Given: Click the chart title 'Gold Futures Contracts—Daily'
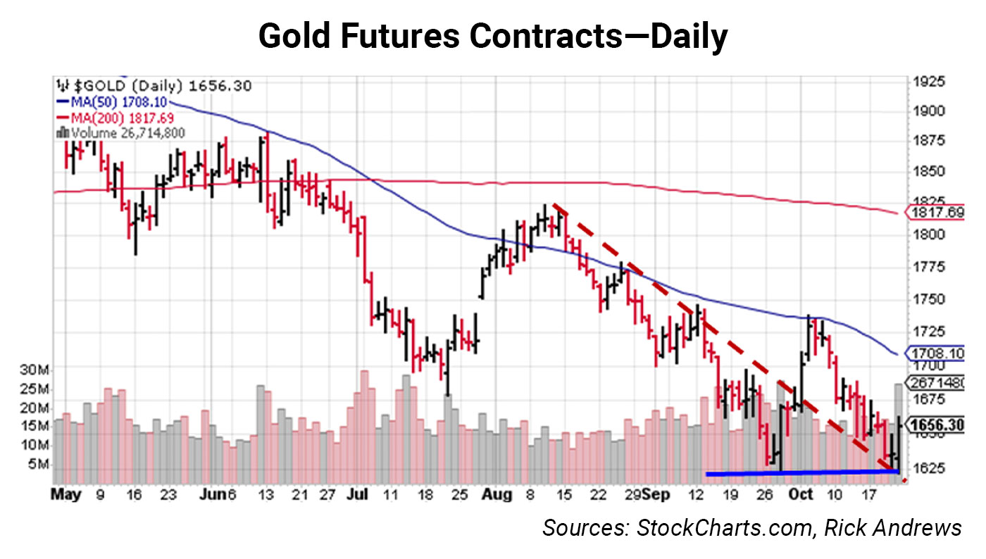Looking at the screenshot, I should (x=492, y=37).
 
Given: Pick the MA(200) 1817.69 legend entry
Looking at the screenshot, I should (x=116, y=118).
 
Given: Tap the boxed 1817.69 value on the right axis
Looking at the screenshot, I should (x=935, y=212).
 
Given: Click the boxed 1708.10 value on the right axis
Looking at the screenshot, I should (x=935, y=352).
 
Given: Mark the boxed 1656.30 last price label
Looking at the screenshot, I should (x=935, y=425).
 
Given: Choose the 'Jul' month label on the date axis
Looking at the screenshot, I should (x=357, y=496).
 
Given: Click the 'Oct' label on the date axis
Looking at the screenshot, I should (x=801, y=496).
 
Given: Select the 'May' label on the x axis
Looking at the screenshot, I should (x=67, y=496).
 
